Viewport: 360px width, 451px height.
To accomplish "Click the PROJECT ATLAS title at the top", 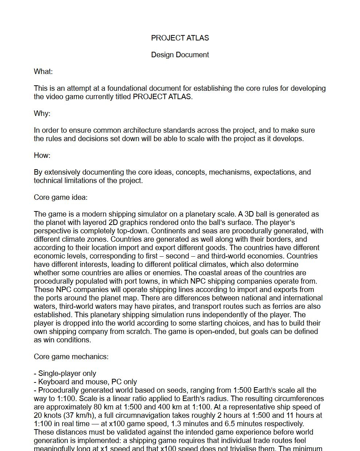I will click(x=180, y=38).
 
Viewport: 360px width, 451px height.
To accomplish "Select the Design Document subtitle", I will click(x=180, y=55).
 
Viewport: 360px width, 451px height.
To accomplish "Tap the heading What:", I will click(x=43, y=71).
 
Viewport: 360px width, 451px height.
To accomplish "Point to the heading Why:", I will click(x=42, y=113).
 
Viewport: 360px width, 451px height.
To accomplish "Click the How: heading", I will click(x=42, y=155).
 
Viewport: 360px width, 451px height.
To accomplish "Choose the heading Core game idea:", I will click(x=61, y=197).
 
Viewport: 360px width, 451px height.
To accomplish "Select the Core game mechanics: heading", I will click(x=71, y=357).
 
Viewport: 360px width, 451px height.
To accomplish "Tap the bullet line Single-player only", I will click(x=65, y=373).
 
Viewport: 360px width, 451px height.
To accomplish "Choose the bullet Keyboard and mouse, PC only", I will click(x=86, y=382).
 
